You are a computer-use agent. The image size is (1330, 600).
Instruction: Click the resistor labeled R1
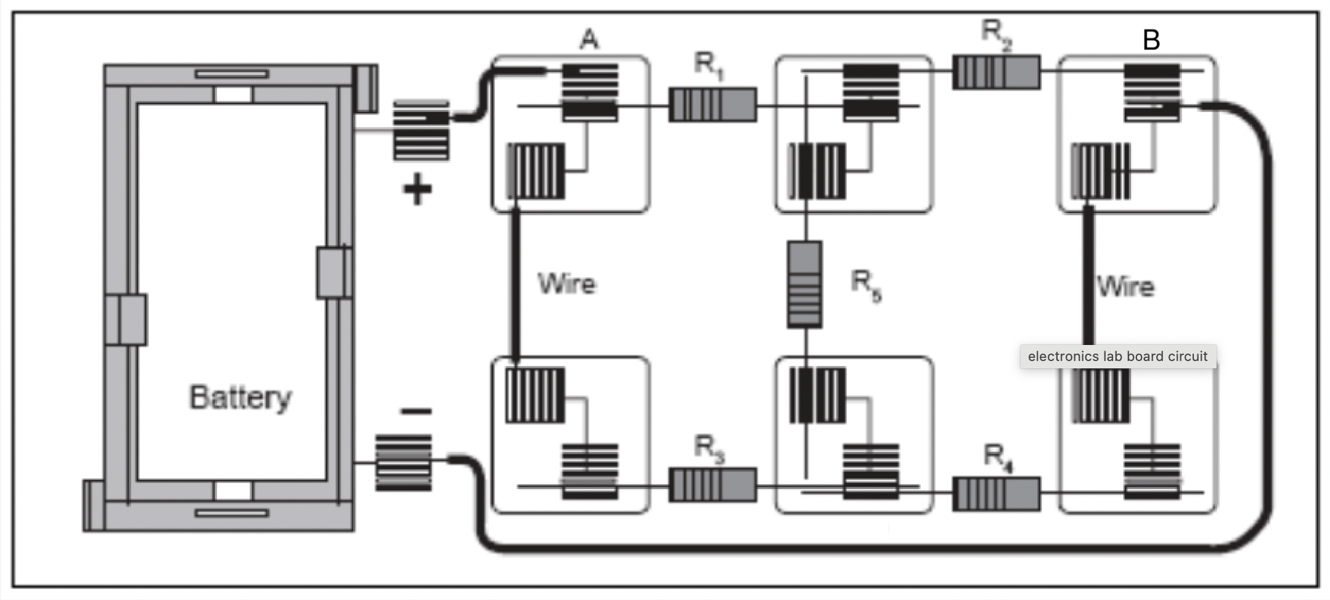coord(712,105)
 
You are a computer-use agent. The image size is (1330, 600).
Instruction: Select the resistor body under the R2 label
coord(996,72)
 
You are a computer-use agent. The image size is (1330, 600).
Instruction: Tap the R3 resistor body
coord(712,485)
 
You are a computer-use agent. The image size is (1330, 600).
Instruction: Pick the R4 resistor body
coord(996,493)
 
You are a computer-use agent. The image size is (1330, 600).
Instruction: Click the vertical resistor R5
coord(805,284)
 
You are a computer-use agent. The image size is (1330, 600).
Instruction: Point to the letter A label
coord(589,40)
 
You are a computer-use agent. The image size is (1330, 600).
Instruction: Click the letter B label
coord(1151,41)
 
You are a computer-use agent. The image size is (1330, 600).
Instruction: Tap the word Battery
coord(240,397)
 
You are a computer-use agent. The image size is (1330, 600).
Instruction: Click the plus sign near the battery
coord(417,189)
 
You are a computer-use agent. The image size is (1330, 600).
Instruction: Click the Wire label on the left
coord(566,284)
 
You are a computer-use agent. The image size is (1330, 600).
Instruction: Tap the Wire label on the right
coord(1125,287)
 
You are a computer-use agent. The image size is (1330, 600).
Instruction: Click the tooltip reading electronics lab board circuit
coord(1117,356)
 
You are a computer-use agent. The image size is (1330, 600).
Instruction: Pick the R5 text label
coord(865,286)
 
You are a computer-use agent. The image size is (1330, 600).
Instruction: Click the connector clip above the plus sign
coord(422,130)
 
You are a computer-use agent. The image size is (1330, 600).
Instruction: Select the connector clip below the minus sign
coord(404,463)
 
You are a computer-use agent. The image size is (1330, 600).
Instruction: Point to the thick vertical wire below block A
coord(515,284)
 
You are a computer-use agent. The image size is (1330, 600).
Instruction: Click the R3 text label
coord(709,448)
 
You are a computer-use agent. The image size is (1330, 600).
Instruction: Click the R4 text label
coord(997,458)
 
